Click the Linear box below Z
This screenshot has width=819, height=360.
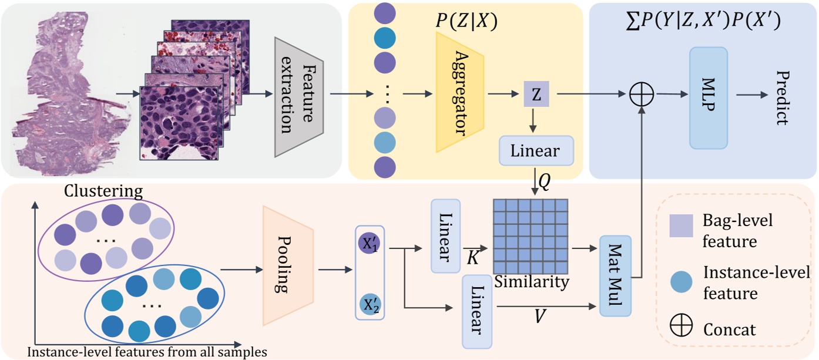click(x=536, y=151)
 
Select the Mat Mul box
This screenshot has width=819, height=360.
click(x=615, y=275)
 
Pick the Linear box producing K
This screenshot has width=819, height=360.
click(x=445, y=235)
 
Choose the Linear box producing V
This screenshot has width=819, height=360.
click(x=477, y=311)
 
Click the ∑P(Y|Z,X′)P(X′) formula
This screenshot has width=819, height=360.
click(x=701, y=22)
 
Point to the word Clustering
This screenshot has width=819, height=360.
click(x=103, y=191)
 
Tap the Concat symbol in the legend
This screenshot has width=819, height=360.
click(x=682, y=327)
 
